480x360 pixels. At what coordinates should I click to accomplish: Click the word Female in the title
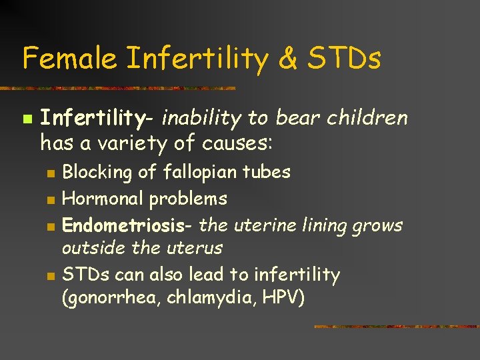pos(69,58)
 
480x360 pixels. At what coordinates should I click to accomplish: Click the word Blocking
pos(97,172)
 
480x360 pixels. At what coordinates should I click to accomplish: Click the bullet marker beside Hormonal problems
pos(49,199)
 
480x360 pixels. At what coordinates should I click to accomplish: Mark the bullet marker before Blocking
pos(49,173)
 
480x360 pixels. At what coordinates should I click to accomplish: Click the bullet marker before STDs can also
pos(49,275)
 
